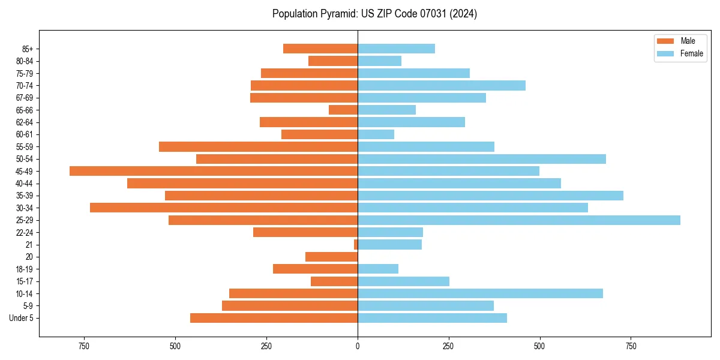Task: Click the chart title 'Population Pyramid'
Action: [374, 14]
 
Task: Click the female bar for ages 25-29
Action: [519, 220]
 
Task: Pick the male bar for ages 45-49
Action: [214, 171]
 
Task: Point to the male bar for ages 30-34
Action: [224, 208]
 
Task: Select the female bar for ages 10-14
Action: [480, 293]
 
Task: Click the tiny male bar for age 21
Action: [356, 245]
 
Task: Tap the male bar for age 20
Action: [331, 257]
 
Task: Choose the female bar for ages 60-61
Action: [376, 134]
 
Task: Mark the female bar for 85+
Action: [396, 49]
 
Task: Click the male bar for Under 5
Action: [274, 318]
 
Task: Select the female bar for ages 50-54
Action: [482, 159]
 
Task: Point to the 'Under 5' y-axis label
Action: [22, 318]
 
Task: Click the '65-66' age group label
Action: [25, 110]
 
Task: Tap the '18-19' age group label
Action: [25, 269]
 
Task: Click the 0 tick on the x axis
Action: [358, 347]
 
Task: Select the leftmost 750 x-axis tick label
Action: [84, 347]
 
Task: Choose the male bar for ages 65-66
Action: [343, 110]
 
